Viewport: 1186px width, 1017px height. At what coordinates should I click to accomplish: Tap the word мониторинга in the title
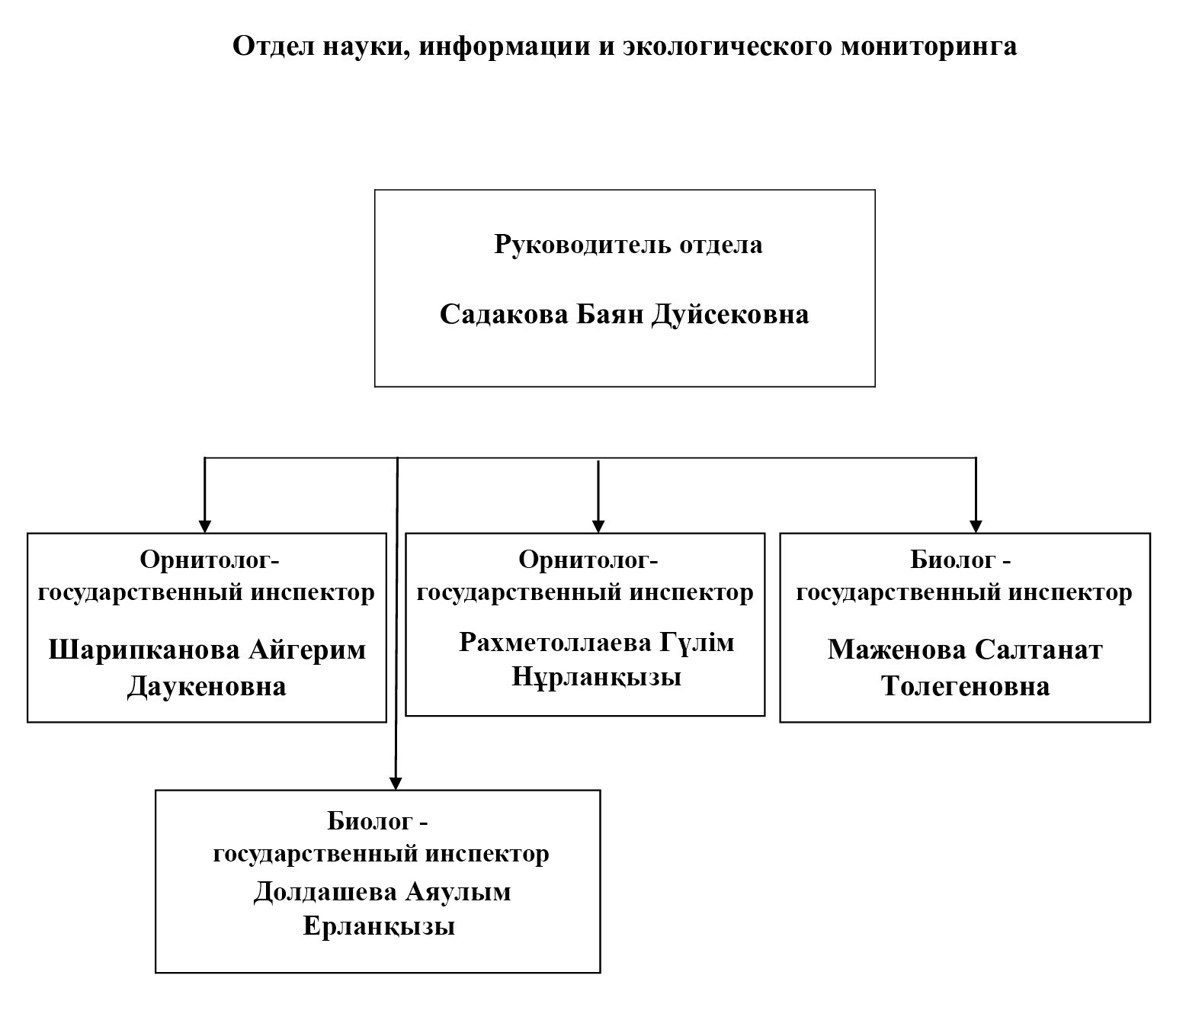point(928,47)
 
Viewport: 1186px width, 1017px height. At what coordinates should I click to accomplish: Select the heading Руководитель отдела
point(628,245)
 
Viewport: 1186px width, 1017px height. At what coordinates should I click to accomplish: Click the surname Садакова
point(504,314)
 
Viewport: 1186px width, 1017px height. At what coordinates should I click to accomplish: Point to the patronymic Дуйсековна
point(730,314)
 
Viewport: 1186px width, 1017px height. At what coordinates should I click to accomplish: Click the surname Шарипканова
point(143,650)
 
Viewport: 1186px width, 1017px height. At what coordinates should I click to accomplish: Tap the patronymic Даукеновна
point(207,686)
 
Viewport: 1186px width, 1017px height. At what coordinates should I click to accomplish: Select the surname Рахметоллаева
point(554,643)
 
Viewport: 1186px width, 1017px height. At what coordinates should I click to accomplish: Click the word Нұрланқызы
point(596,676)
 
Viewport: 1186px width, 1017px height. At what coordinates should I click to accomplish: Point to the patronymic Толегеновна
point(965,686)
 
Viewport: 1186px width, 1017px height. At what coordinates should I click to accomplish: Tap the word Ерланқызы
point(379,926)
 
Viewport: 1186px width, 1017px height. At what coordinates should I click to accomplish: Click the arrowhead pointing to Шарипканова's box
point(204,526)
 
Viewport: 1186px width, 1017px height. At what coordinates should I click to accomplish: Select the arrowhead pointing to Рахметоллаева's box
point(598,526)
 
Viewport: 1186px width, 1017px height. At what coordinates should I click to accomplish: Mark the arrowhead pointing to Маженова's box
point(976,526)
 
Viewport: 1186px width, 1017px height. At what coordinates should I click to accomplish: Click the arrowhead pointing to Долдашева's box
point(395,782)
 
